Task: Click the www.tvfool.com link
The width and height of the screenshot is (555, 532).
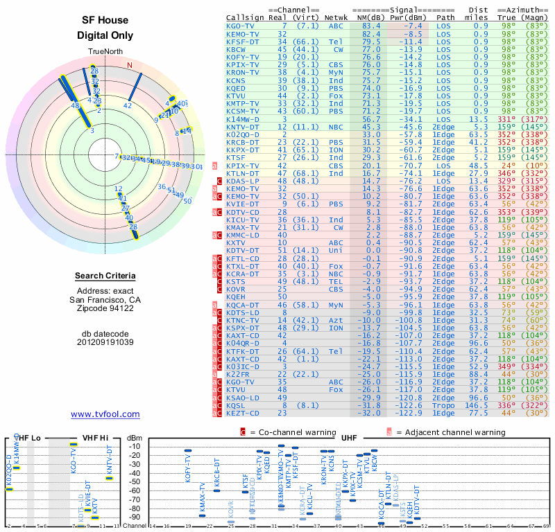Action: pyautogui.click(x=105, y=414)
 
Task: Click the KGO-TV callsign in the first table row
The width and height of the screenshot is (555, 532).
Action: pyautogui.click(x=241, y=26)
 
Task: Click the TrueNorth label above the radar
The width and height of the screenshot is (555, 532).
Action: pyautogui.click(x=105, y=52)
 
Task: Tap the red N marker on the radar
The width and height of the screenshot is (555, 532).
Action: pyautogui.click(x=130, y=66)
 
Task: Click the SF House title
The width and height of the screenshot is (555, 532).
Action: pyautogui.click(x=105, y=21)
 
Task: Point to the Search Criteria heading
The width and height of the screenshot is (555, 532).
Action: pyautogui.click(x=105, y=276)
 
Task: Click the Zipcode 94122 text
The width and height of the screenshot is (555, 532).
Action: pyautogui.click(x=105, y=308)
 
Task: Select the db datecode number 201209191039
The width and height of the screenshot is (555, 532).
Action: pyautogui.click(x=105, y=342)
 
